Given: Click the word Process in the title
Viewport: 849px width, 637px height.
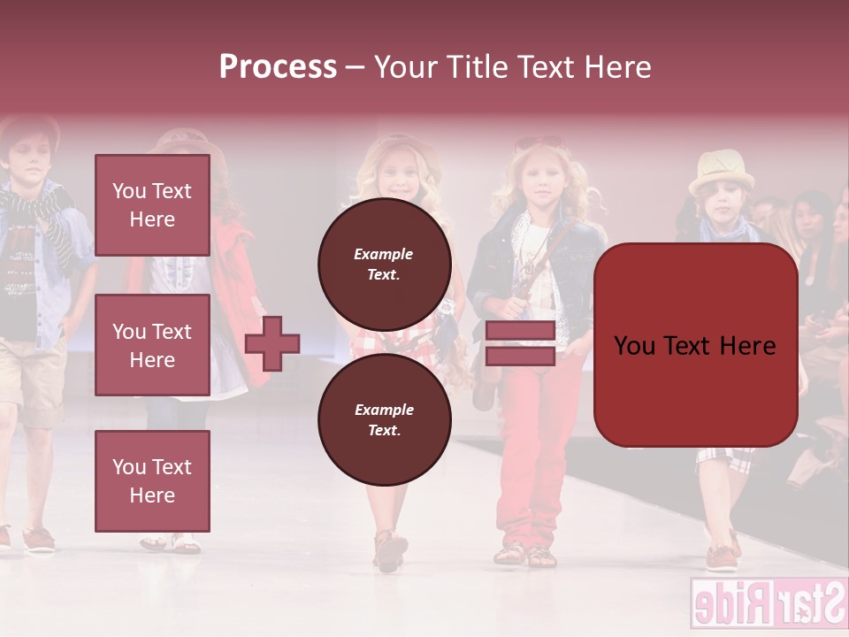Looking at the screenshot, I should click(x=278, y=67).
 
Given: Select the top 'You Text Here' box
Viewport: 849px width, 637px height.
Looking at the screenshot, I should click(x=152, y=205).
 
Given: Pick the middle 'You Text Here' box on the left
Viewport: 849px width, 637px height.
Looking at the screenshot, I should click(x=152, y=345).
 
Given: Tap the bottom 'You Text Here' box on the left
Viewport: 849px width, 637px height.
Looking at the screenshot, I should click(x=152, y=480).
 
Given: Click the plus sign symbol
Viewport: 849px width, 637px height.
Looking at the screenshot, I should click(x=272, y=343).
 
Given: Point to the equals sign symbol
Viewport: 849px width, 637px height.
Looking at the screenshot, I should click(x=520, y=343).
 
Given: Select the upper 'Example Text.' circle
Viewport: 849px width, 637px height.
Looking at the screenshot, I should click(x=384, y=264).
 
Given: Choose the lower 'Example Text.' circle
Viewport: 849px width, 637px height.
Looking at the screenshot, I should click(x=384, y=419).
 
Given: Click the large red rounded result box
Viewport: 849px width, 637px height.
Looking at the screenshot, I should click(x=695, y=345).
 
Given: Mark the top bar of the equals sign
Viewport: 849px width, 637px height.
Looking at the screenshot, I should click(x=520, y=331).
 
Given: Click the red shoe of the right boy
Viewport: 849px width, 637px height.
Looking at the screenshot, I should click(x=722, y=558).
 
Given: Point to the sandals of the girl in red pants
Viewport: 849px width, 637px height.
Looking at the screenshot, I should click(x=525, y=556).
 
